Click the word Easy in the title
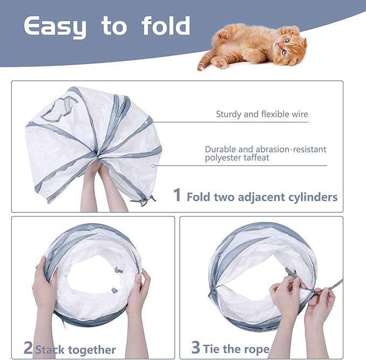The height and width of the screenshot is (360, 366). (x=54, y=27)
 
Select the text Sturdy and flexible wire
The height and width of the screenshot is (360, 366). (x=262, y=114)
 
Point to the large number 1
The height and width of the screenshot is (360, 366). (x=177, y=195)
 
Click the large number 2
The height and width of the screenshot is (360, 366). (x=29, y=348)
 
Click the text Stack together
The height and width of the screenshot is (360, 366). (x=75, y=350)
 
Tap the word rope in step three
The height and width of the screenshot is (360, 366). (x=256, y=350)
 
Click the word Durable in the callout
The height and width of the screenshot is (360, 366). (x=219, y=149)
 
